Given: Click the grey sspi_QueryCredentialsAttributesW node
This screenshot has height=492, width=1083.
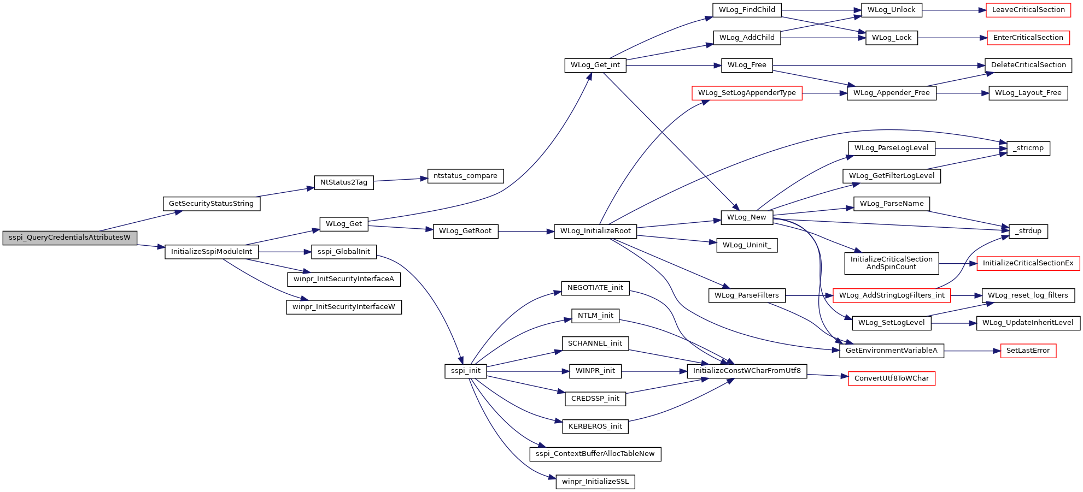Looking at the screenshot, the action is [70, 238].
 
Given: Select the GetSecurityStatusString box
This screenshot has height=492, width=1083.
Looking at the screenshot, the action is [212, 204].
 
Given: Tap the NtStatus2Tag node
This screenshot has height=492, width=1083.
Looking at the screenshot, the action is [344, 182].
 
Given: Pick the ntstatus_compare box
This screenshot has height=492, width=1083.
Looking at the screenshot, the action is [465, 176].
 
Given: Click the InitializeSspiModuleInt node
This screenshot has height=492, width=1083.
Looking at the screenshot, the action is [212, 252].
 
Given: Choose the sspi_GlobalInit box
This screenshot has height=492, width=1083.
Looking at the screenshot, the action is [344, 252].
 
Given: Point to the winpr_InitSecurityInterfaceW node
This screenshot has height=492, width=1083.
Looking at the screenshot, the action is [344, 307].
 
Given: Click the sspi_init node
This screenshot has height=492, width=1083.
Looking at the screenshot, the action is [466, 371].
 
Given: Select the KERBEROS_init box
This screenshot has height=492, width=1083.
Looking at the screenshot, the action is [595, 426].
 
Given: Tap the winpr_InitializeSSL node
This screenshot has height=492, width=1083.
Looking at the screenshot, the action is [595, 482].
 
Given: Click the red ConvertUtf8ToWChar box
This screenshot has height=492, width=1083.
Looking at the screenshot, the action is [892, 378].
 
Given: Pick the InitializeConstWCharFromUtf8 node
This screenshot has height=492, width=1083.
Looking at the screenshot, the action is [747, 371].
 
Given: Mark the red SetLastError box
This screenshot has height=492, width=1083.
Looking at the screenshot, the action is [1028, 351].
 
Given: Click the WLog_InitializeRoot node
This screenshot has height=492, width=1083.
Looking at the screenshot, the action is [595, 231].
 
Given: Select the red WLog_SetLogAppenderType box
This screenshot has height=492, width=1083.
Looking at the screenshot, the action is [747, 93].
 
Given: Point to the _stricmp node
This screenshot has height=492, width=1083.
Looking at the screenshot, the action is [1028, 148].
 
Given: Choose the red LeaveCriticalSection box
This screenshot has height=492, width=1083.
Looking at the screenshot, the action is [1028, 10].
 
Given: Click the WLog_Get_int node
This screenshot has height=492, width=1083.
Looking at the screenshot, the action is [595, 65].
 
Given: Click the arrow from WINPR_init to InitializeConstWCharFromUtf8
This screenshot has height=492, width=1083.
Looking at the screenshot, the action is [654, 371].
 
